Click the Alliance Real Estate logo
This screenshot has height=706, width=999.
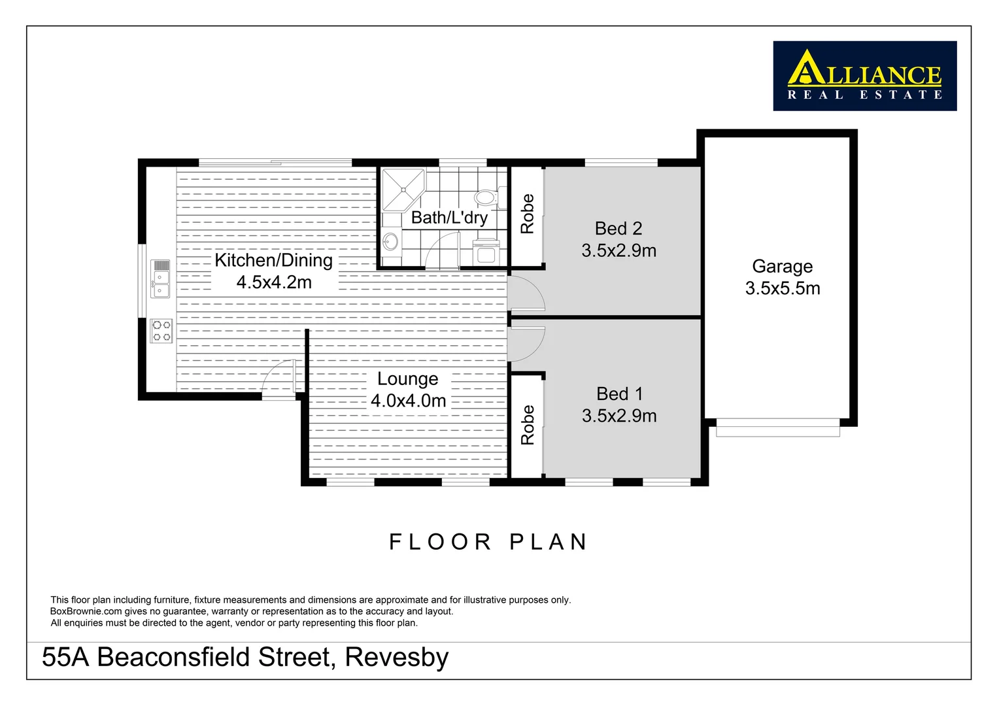point(864,76)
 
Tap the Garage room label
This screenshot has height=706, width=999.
point(782,266)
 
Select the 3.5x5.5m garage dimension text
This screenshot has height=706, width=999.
point(782,288)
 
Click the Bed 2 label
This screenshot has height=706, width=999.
point(618,228)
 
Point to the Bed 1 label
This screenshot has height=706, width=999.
point(619,394)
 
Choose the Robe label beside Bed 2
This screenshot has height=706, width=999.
point(527,214)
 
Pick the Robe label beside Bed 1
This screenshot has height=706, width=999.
point(527,425)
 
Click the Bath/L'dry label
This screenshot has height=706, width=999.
point(449,218)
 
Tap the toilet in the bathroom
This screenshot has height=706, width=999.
point(485,196)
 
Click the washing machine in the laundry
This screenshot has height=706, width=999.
point(486,252)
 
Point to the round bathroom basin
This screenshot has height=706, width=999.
point(390,241)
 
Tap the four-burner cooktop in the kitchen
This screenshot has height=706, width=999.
point(161,331)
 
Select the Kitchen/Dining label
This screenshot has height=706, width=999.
point(273,260)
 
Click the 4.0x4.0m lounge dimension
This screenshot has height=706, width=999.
point(408,401)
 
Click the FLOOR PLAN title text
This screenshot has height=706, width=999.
point(488,542)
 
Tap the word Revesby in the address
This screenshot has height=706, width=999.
point(397,657)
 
